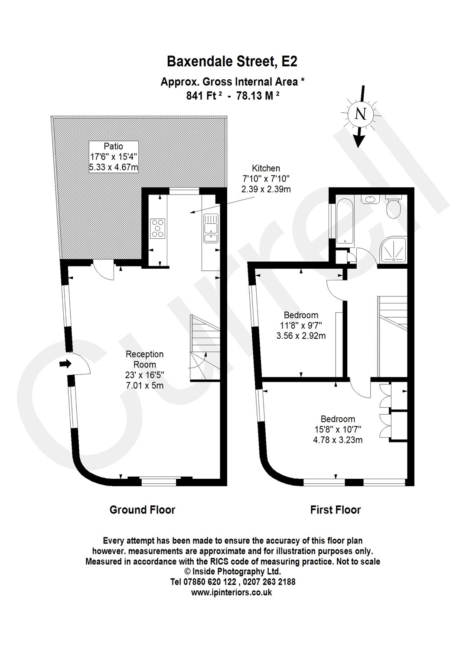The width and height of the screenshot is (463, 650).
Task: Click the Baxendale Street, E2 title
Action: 232,62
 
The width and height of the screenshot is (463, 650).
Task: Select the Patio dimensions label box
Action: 114,157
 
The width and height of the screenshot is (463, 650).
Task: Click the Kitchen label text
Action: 266,168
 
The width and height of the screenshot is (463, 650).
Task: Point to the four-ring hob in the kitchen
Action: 158,229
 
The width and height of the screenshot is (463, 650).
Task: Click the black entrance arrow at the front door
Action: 65,364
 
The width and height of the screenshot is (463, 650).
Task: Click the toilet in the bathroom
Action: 393,206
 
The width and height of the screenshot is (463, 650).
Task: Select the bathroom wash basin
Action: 370,199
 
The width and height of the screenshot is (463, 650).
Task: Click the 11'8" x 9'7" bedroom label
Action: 301,325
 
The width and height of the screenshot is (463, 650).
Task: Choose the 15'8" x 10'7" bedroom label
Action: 338,429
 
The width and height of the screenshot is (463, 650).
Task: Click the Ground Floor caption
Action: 142,510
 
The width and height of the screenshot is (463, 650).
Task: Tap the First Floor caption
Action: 335,510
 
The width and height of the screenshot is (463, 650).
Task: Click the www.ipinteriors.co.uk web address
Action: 231,592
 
